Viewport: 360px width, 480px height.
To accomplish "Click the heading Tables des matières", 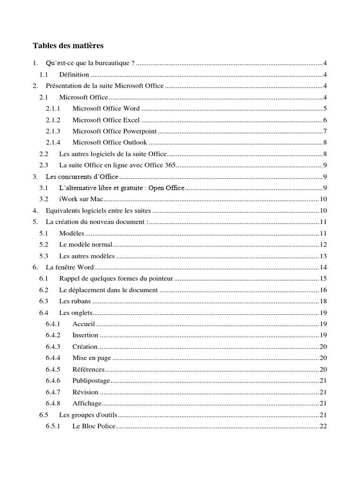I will pos(68,46).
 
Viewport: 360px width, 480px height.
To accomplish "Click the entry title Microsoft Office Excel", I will pos(106,120).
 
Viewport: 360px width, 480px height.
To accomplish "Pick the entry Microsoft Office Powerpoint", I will pos(114,131).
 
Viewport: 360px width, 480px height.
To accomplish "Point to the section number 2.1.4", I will pos(53,142).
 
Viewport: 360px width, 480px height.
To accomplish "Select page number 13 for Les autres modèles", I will pos(323,256).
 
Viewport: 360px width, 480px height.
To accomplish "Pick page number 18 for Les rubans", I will pos(323,301).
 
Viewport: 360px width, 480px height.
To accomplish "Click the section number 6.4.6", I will pos(53,381).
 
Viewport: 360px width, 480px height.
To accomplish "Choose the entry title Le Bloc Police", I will pos(93,426).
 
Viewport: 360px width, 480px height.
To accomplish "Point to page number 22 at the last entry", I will pos(323,426).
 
